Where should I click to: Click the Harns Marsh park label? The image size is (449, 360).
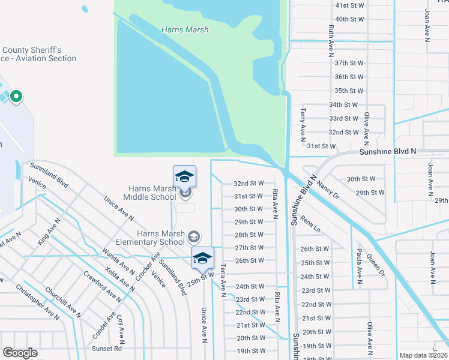pos(185,29)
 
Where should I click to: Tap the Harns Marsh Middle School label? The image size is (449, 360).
pos(150,193)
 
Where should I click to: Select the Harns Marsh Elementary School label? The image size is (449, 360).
pos(160,238)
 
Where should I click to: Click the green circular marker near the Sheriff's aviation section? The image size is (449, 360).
pos(16,96)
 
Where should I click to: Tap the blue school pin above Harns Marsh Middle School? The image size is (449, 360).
pos(184,176)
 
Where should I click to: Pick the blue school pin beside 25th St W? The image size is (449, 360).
pos(203,258)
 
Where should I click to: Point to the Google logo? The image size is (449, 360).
pos(20,353)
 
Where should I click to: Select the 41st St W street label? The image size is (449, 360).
pos(350,5)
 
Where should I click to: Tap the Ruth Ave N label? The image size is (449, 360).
pos(331,41)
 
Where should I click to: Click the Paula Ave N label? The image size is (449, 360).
pos(359,266)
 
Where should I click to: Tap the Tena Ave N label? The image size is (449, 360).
pos(223,280)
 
